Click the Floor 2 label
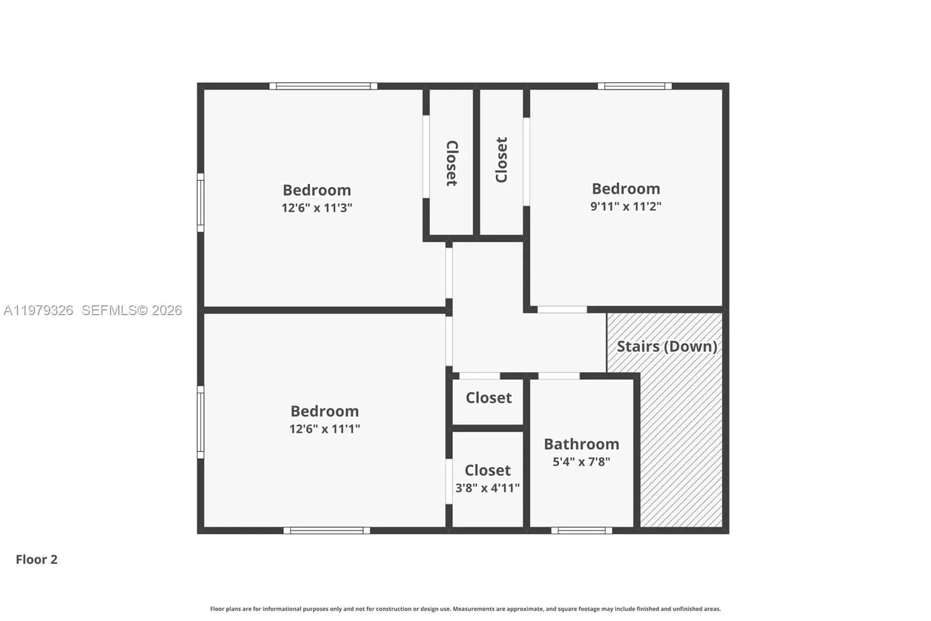point(37,559)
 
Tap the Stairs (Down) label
point(666,346)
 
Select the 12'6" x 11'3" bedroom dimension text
point(317,207)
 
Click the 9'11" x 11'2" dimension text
point(626,206)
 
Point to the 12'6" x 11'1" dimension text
point(324,429)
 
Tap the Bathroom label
point(581,444)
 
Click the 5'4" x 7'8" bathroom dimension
point(581,461)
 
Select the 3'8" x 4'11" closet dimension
point(487,488)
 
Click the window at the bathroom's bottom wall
point(581,530)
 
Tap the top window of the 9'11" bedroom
point(634,86)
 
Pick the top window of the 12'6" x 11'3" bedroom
point(323,86)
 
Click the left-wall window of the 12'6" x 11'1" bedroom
point(201,422)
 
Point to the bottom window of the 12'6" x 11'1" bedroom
point(326,530)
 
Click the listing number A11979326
point(38,310)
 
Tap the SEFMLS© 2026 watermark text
point(132,310)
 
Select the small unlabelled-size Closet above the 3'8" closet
point(488,398)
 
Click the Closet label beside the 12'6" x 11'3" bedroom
point(452,163)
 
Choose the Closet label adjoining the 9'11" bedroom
point(501,160)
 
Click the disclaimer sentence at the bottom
point(465,609)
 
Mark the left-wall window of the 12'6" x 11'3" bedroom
point(201,202)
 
